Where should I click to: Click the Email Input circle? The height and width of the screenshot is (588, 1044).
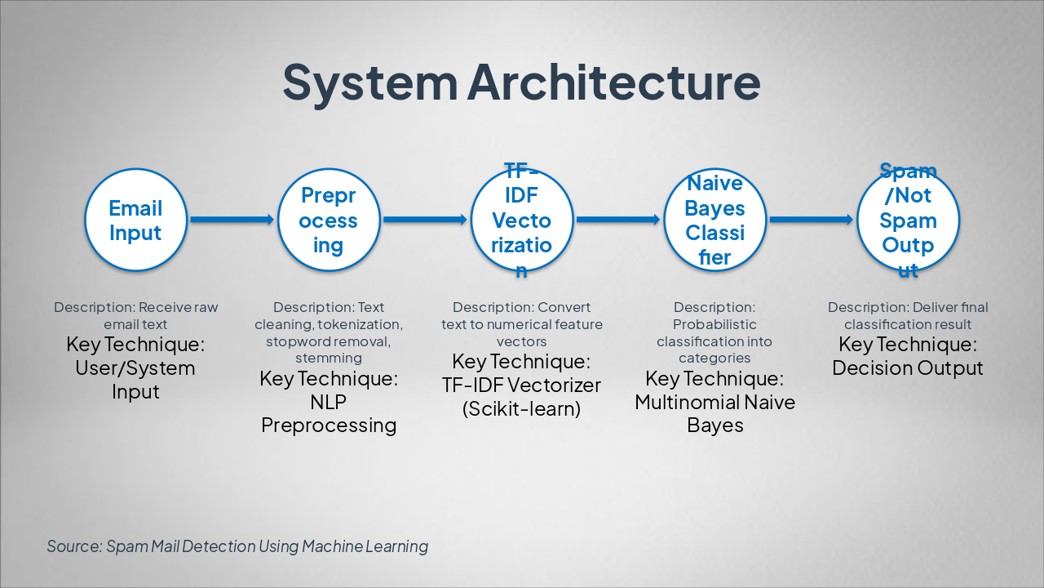[135, 220]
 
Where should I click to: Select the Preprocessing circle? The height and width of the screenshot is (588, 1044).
[329, 220]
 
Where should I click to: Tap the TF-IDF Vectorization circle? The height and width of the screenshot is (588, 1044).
[521, 220]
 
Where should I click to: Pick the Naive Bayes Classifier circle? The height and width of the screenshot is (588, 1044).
[714, 220]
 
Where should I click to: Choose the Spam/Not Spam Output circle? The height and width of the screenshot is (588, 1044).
[908, 220]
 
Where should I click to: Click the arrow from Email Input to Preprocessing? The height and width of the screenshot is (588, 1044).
[232, 220]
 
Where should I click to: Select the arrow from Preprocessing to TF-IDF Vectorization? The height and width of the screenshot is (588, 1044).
[425, 220]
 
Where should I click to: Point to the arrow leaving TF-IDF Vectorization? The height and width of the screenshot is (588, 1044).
[617, 220]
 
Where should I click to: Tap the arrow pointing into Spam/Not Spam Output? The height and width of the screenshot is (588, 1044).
[811, 220]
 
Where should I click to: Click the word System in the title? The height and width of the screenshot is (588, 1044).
[369, 82]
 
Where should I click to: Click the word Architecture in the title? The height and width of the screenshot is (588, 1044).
[613, 82]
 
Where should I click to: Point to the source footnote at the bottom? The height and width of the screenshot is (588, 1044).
[237, 546]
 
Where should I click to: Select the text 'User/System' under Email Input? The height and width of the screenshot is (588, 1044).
[135, 368]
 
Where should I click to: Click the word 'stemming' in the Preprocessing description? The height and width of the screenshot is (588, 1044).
[329, 358]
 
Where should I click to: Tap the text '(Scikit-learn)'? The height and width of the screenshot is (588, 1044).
[521, 409]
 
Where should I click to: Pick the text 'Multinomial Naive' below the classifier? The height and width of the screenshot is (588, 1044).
[714, 403]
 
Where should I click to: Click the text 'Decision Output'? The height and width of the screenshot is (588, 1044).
[908, 368]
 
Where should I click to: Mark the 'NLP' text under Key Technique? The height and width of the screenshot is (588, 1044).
[329, 403]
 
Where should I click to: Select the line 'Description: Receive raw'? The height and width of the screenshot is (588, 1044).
[136, 308]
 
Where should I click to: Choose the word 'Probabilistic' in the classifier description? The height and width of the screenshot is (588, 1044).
[714, 325]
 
